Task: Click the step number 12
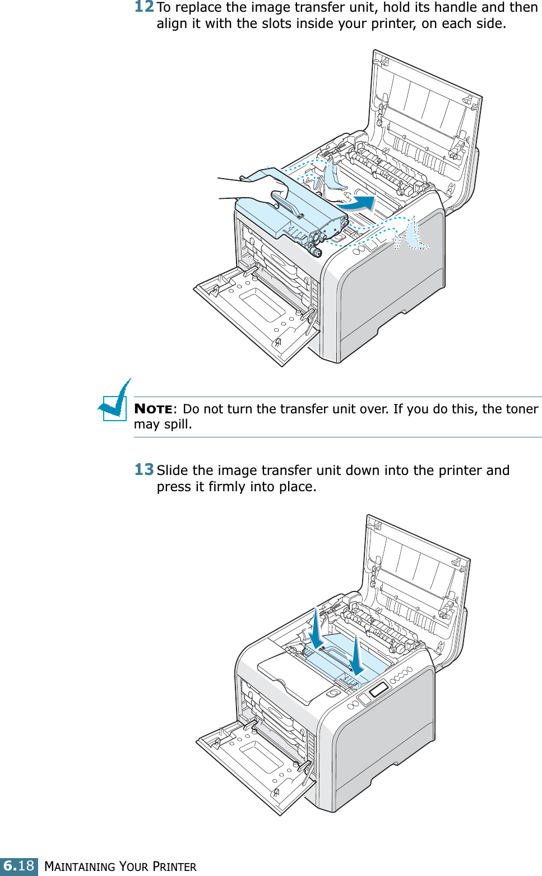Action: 144,7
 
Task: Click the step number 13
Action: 144,469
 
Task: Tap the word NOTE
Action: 153,409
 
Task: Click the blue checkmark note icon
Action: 115,402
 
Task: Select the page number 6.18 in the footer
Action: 19,866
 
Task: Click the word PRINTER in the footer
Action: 174,867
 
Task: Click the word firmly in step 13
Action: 228,487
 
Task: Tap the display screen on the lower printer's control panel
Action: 378,689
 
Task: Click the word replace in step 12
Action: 198,8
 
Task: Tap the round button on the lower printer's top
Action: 333,693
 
